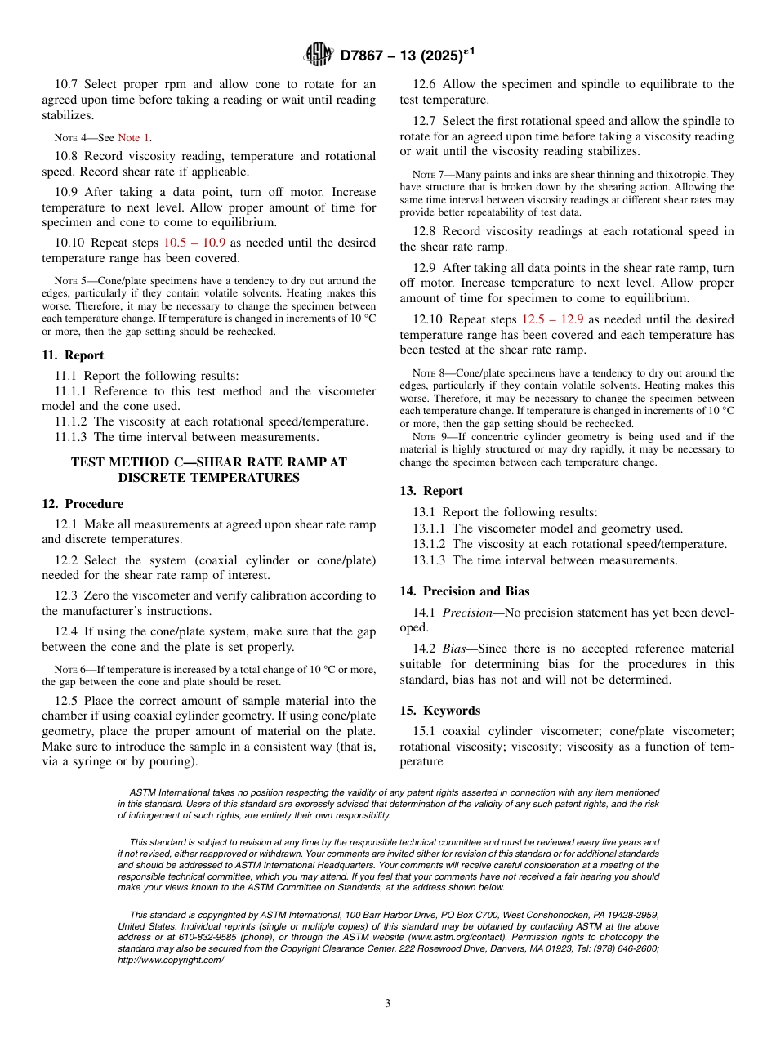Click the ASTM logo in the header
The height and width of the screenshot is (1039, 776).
[x=318, y=55]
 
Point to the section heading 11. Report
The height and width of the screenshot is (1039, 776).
[x=73, y=355]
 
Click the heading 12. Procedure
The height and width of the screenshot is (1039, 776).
[x=83, y=504]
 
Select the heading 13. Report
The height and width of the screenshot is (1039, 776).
[x=431, y=491]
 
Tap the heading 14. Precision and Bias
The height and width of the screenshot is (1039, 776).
[x=464, y=591]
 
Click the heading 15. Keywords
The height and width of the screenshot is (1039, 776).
[x=439, y=711]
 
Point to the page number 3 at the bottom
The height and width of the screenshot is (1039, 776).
[x=388, y=1004]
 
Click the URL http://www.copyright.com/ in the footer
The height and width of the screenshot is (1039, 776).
[x=171, y=960]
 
